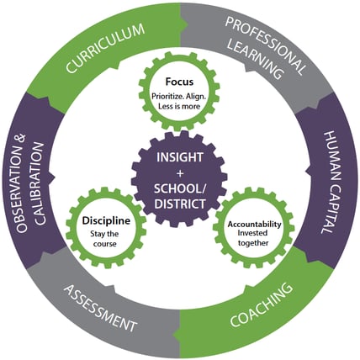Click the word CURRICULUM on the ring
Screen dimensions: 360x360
coord(105,48)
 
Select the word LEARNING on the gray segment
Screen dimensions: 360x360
coord(254,60)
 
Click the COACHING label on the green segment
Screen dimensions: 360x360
coord(262,304)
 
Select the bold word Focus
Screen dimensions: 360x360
coord(179,82)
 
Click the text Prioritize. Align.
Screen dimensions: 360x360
coord(179,96)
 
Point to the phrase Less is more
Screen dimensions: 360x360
coord(179,107)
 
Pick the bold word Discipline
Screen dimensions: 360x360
coord(106,221)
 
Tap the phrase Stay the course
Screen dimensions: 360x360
coord(105,239)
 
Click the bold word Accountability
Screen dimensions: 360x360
coord(254,225)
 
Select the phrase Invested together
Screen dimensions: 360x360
coord(253,238)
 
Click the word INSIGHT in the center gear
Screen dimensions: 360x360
coord(180,157)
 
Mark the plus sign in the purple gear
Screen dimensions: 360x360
coord(180,174)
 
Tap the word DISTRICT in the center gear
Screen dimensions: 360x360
coord(180,204)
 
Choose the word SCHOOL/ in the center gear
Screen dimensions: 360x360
coord(180,188)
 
